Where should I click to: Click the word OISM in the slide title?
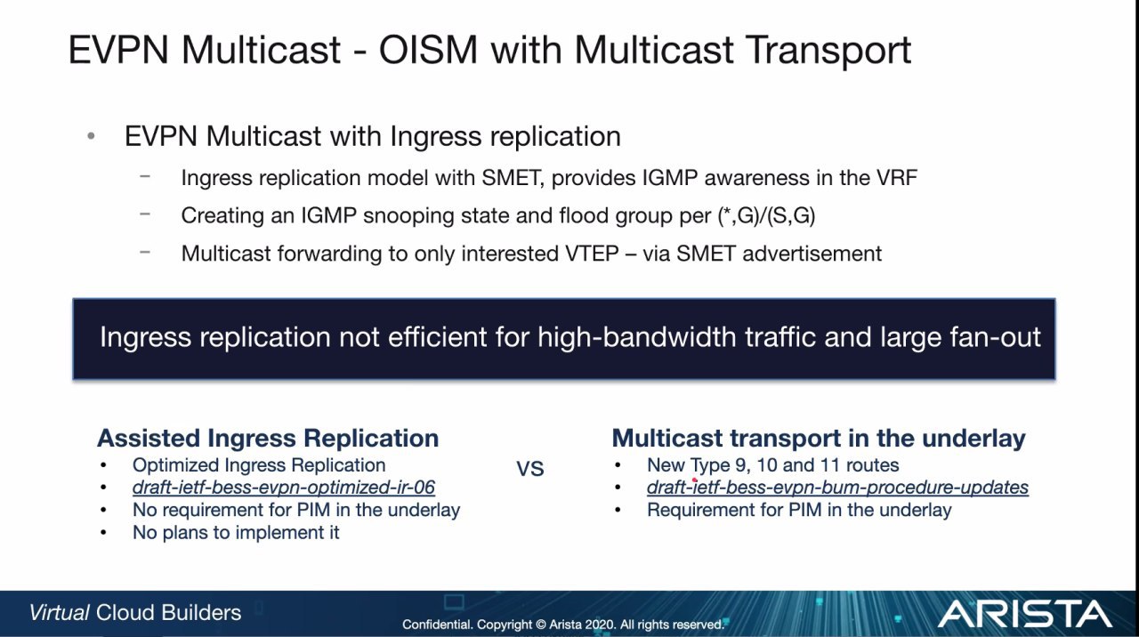[x=428, y=50]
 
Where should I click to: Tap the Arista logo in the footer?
[x=1024, y=614]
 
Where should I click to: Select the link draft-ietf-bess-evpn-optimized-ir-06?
[x=284, y=487]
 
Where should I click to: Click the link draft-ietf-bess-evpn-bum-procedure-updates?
[x=837, y=487]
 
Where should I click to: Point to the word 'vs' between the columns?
[x=529, y=468]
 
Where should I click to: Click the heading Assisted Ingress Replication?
[x=268, y=438]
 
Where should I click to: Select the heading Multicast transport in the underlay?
[x=819, y=438]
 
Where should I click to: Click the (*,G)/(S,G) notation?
[x=766, y=215]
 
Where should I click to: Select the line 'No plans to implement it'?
[x=236, y=532]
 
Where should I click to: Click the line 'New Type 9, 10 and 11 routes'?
[x=773, y=464]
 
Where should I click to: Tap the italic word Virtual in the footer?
[x=59, y=613]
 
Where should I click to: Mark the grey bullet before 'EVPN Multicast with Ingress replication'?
[x=91, y=136]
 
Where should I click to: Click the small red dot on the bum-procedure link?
[x=694, y=480]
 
